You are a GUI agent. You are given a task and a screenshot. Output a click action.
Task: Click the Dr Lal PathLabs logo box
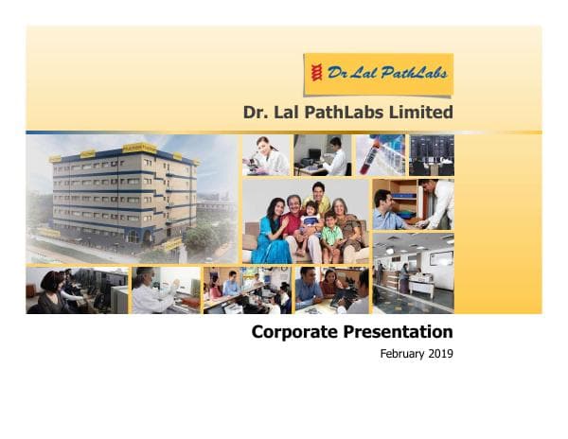click(378, 74)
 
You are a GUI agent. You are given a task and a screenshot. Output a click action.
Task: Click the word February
click(401, 355)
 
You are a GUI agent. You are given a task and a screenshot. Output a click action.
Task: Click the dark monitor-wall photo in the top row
click(431, 154)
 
